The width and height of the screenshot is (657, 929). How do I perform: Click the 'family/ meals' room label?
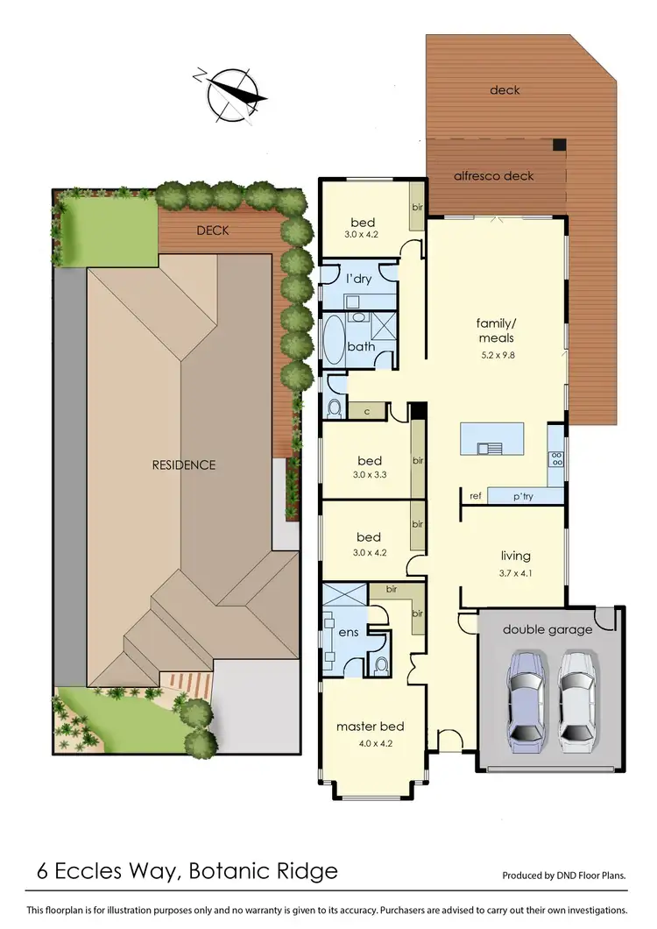pyautogui.click(x=496, y=330)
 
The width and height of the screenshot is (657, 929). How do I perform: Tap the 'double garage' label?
pyautogui.click(x=547, y=629)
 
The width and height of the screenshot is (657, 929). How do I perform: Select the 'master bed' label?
pyautogui.click(x=370, y=727)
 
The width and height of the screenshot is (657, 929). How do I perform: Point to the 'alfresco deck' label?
pyautogui.click(x=493, y=175)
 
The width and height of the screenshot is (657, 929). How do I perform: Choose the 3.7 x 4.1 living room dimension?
pyautogui.click(x=515, y=575)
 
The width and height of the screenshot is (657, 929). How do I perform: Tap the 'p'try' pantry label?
pyautogui.click(x=523, y=497)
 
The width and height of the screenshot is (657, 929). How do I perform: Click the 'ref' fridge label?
pyautogui.click(x=476, y=497)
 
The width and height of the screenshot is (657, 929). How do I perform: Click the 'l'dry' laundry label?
pyautogui.click(x=357, y=278)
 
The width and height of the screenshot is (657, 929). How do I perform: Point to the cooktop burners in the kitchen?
pyautogui.click(x=555, y=457)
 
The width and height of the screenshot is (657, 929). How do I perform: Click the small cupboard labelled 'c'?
pyautogui.click(x=366, y=410)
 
